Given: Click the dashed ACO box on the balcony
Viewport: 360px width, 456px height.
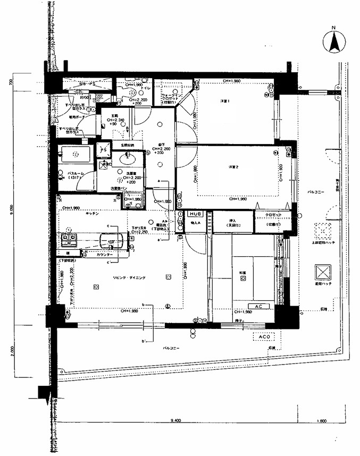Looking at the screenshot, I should click(264, 336).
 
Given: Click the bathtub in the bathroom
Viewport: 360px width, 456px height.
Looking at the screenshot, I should click(75, 155).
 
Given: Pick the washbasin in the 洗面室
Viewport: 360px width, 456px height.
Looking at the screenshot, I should click(127, 157).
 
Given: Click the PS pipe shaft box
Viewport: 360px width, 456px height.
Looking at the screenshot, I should click(104, 150).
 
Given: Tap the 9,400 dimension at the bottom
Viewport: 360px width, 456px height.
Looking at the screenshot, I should click(176, 420).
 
